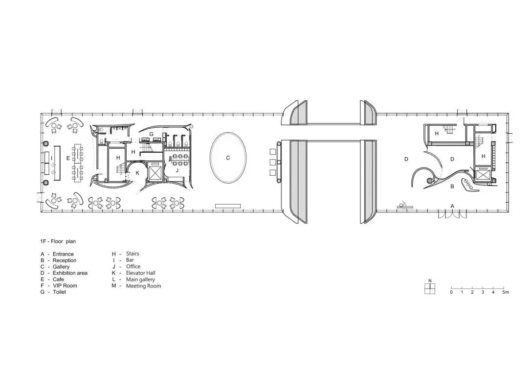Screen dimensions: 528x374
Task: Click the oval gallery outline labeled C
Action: (x=210, y=158)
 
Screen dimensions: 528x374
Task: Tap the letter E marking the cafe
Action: (x=68, y=158)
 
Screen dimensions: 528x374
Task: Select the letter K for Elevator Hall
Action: (x=137, y=173)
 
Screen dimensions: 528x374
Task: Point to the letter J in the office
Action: (x=177, y=171)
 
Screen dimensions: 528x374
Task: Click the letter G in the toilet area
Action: (x=151, y=134)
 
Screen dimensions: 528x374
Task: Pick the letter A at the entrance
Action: (x=452, y=206)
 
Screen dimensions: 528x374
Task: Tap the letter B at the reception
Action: (x=452, y=186)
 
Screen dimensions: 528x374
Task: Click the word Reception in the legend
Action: (x=65, y=260)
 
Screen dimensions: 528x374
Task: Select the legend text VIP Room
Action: (x=65, y=286)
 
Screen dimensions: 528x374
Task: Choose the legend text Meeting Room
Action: (x=143, y=286)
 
